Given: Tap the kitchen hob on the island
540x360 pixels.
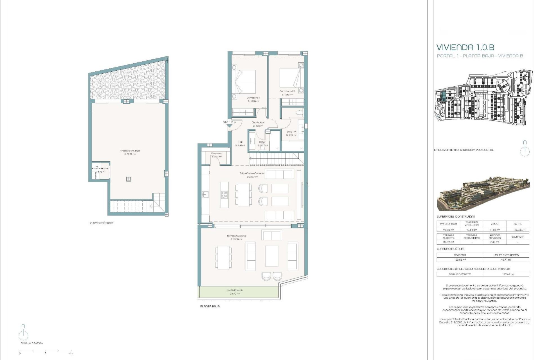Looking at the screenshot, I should pyautogui.click(x=224, y=194).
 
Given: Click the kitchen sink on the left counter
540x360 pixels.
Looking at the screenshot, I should pyautogui.click(x=205, y=194).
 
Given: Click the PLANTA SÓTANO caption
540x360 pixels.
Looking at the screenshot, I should pyautogui.click(x=101, y=223).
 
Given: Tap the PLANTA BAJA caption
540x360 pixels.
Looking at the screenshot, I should pyautogui.click(x=210, y=306).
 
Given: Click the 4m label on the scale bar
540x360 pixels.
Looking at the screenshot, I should pyautogui.click(x=71, y=354).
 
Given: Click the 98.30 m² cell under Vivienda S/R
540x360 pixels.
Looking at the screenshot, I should pyautogui.click(x=448, y=230).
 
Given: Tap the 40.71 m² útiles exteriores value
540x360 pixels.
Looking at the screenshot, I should pyautogui.click(x=506, y=260).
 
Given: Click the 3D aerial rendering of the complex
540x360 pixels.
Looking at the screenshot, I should pyautogui.click(x=483, y=193).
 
